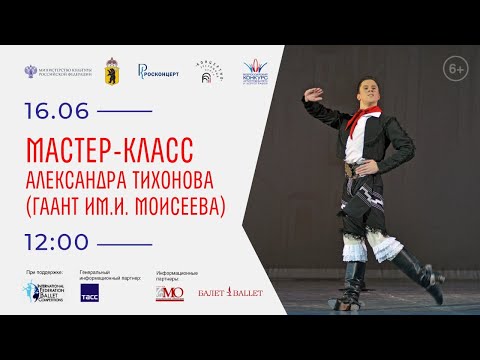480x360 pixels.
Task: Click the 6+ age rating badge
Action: coord(454,69)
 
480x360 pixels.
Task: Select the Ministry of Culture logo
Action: coord(54,72)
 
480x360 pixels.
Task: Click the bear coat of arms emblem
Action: coord(110,71)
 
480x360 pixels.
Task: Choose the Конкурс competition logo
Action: coord(256,72)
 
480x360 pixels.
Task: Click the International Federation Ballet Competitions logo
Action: coord(41,293)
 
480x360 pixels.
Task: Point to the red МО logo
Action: coord(169,294)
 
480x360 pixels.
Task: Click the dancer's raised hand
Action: coord(312,93)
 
